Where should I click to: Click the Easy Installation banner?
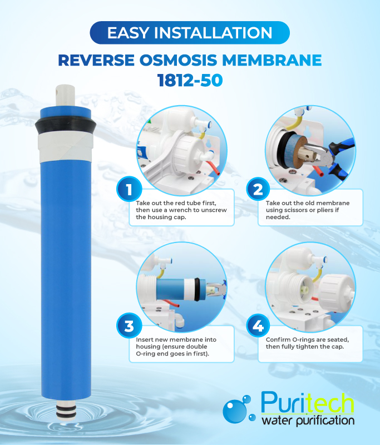(x=190, y=33)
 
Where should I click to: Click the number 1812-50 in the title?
(x=190, y=80)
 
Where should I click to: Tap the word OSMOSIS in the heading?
(x=190, y=60)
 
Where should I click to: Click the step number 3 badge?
(x=129, y=327)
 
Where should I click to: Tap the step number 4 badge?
(x=257, y=327)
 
